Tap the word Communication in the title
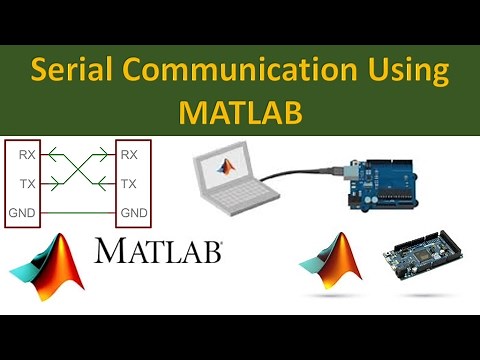click(234, 72)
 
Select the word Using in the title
click(399, 72)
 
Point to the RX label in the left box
click(28, 155)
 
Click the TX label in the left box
click(28, 184)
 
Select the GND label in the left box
click(23, 213)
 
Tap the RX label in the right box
click(129, 155)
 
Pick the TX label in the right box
click(129, 184)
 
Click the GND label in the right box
click(133, 213)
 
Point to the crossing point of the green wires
click(79, 169)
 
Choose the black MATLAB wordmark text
click(158, 251)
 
